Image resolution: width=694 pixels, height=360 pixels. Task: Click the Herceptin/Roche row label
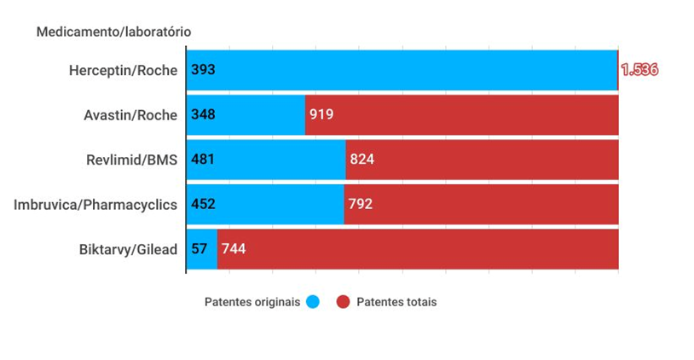(123, 70)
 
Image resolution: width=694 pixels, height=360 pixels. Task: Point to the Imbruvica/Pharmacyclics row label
(95, 205)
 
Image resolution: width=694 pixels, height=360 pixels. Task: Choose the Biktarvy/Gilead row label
(128, 249)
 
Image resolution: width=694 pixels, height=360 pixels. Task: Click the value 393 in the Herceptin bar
(204, 70)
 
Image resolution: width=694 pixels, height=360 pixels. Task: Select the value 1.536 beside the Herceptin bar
(639, 70)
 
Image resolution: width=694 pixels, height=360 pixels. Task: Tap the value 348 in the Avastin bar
(204, 115)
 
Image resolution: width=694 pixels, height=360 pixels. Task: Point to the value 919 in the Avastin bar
(321, 115)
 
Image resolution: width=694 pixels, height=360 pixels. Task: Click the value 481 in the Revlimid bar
(204, 160)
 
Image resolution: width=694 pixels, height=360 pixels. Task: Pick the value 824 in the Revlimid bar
(361, 160)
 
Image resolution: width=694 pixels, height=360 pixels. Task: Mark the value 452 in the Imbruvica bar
(204, 205)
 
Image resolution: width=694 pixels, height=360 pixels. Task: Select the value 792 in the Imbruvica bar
(360, 205)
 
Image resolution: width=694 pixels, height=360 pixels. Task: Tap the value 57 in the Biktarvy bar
(199, 249)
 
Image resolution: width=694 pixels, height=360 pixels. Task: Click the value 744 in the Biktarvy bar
(234, 249)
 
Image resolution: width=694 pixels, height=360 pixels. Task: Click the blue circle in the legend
(312, 302)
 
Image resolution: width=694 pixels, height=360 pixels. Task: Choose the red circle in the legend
(344, 302)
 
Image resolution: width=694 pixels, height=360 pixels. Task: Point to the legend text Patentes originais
(252, 302)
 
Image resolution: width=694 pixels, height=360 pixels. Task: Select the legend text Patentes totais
(396, 302)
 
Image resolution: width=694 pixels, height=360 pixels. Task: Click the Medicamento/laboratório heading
(113, 32)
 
